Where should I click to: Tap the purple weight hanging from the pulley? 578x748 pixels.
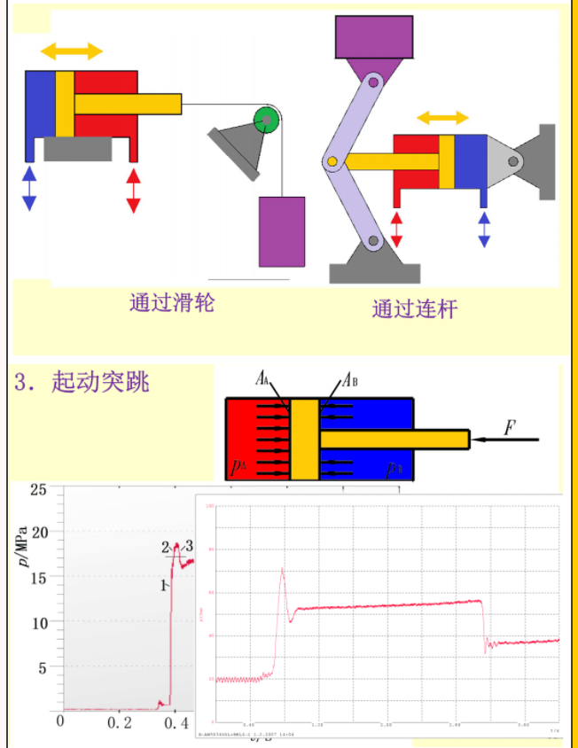point(281,231)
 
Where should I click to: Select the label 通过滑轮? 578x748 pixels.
point(172,303)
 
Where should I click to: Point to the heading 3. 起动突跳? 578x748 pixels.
point(82,382)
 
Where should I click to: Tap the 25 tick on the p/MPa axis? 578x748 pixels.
point(38,489)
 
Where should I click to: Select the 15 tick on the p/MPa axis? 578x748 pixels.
point(38,578)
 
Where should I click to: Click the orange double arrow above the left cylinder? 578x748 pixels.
point(72,50)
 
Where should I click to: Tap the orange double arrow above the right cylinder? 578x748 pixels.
point(442,118)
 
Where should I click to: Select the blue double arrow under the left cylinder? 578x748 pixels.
point(29,188)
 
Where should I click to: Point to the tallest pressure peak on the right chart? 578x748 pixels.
point(282,569)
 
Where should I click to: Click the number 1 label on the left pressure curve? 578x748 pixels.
point(164,586)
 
